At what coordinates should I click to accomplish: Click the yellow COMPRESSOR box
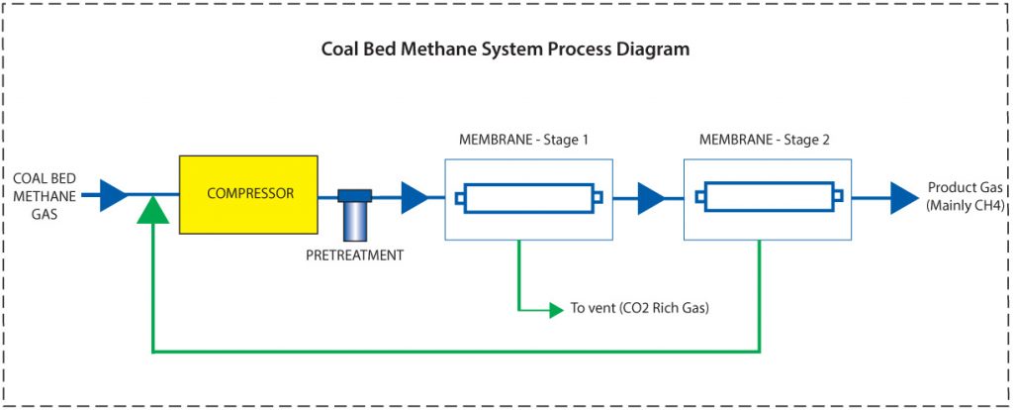tap(248, 194)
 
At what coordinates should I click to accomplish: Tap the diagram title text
tap(506, 49)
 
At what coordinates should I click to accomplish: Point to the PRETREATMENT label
tap(355, 256)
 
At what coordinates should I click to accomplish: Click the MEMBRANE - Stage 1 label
tap(523, 140)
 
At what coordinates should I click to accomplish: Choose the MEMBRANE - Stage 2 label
tap(764, 140)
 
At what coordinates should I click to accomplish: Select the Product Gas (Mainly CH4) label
tap(965, 196)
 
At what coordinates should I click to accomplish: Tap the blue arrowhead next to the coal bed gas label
tap(114, 196)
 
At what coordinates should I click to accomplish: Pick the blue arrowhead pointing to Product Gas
tap(903, 198)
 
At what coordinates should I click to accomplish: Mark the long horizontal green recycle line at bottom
tap(455, 351)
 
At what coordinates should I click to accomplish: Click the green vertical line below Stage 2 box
tap(759, 297)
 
